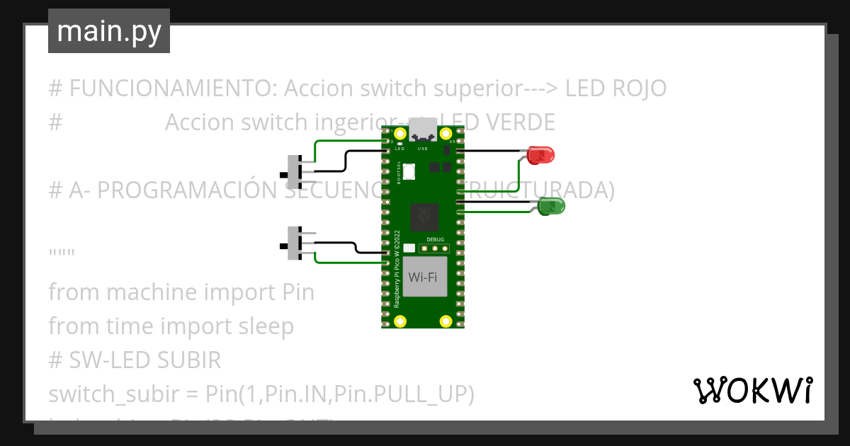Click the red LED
tap(540, 154)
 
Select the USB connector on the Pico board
tap(423, 130)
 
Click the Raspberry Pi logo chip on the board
tap(424, 215)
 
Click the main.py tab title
tap(109, 32)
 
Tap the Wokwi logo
tap(752, 391)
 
